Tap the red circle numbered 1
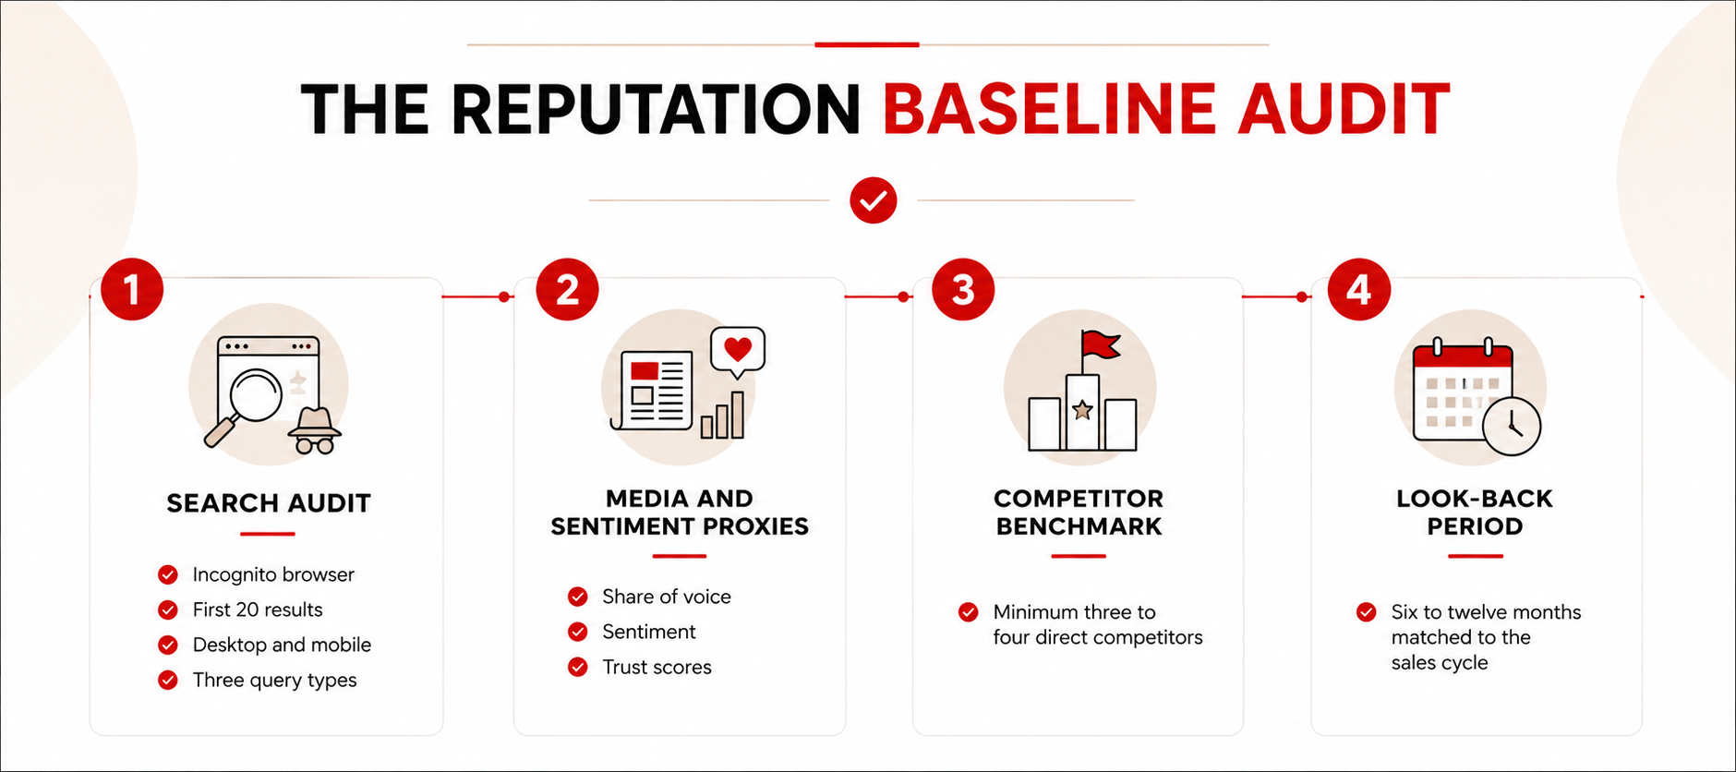click(x=132, y=289)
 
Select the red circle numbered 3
click(x=963, y=289)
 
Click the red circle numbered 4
click(x=1358, y=289)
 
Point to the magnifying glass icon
click(x=244, y=407)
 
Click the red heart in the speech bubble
click(x=737, y=349)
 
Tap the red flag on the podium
click(x=1102, y=345)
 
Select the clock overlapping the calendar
click(x=1512, y=426)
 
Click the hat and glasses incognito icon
click(x=315, y=430)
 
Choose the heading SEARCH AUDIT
click(x=269, y=503)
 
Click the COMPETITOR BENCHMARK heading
click(x=1079, y=513)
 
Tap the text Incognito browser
click(x=273, y=574)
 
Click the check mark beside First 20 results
click(x=168, y=609)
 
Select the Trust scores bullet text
click(x=657, y=667)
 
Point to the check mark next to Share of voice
click(x=578, y=597)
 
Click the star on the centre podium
click(x=1082, y=410)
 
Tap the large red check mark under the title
click(x=874, y=200)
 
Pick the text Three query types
click(x=274, y=681)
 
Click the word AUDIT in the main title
click(x=1344, y=109)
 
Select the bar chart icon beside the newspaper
click(x=722, y=415)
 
